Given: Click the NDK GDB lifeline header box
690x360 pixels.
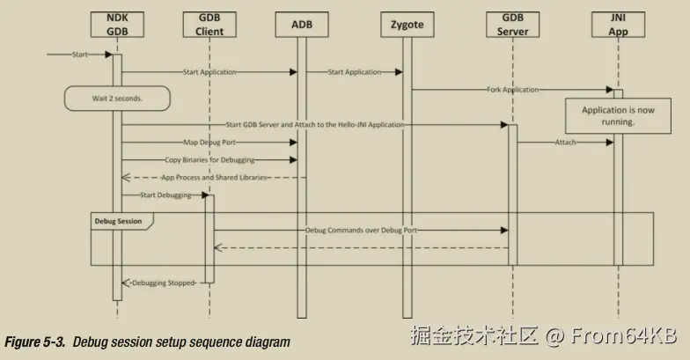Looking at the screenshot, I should click(118, 25).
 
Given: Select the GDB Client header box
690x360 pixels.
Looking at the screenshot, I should click(209, 25).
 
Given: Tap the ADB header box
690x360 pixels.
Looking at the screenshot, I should click(301, 25).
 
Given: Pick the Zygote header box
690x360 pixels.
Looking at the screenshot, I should click(407, 25).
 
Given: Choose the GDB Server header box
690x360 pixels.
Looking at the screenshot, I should click(512, 25).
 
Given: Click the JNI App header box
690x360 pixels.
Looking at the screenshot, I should click(619, 25).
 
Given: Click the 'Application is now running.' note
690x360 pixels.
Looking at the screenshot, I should click(619, 115).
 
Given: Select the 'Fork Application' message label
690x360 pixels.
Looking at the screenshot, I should click(512, 90).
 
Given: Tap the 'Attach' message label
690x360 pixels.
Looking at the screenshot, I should click(565, 143).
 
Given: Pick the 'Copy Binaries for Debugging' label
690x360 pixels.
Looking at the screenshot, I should click(209, 160).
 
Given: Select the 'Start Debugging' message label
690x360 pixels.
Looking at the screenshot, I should click(164, 195).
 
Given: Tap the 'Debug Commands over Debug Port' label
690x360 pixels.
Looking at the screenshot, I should click(361, 231).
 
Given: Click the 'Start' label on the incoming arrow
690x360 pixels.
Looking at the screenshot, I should click(80, 55).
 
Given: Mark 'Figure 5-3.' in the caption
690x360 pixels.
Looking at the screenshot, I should click(36, 341).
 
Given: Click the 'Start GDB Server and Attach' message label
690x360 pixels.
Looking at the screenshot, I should click(315, 125).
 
